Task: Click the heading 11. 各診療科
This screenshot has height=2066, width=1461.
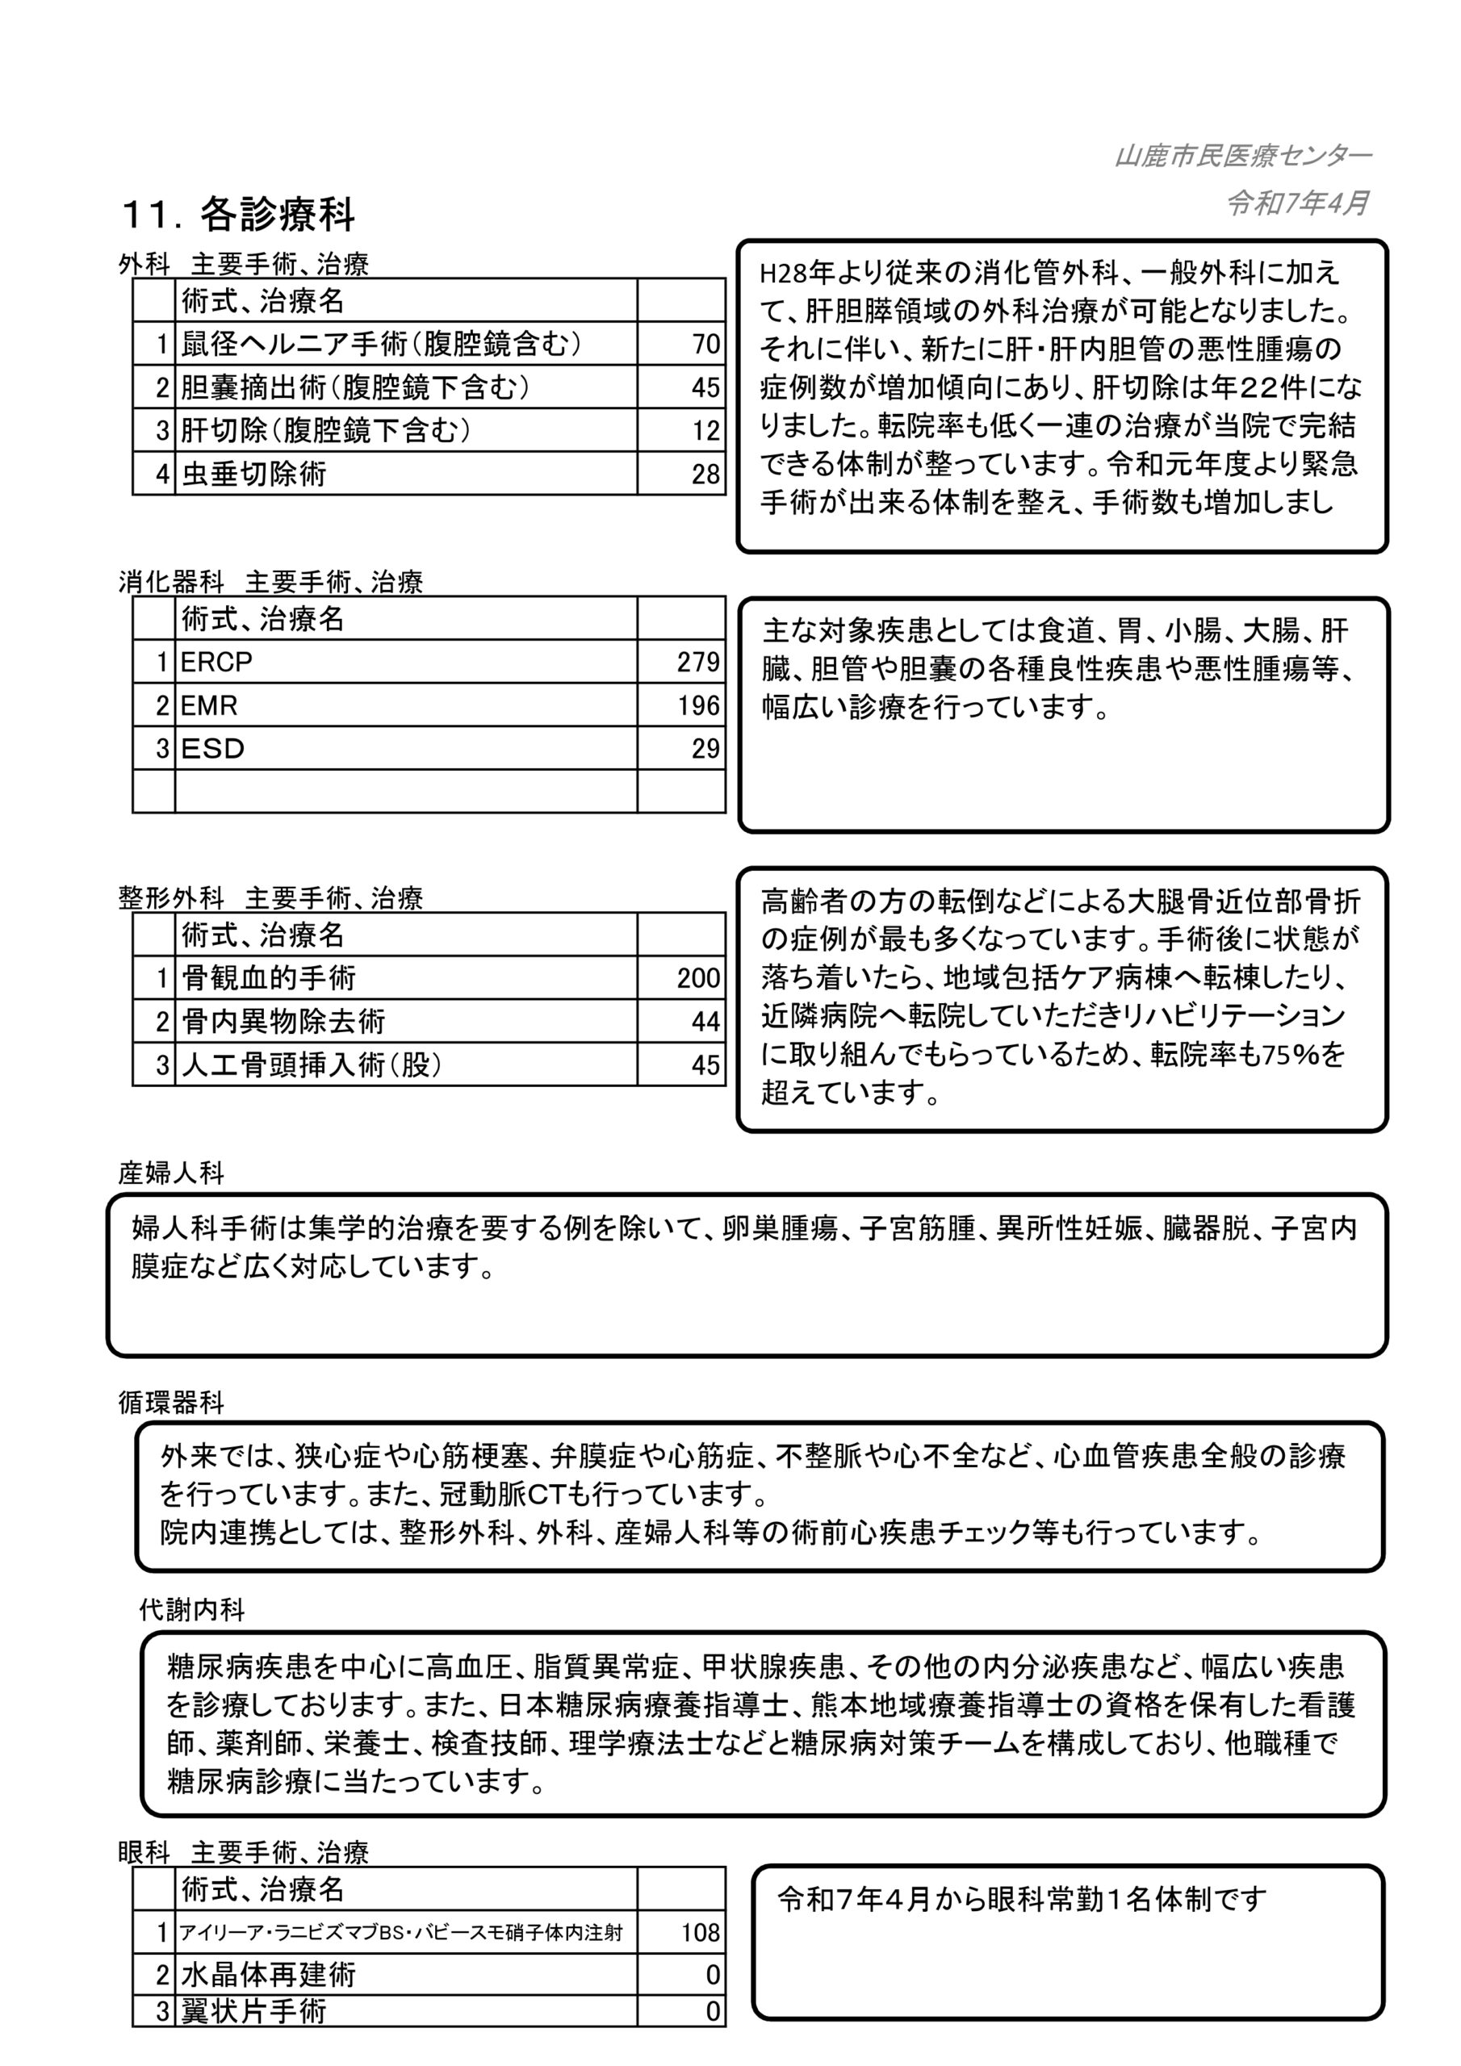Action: point(239,214)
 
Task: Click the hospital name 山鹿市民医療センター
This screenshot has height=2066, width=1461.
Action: point(1242,157)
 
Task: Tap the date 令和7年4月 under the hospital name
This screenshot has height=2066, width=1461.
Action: point(1298,203)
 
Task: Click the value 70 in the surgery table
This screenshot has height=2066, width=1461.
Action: point(705,344)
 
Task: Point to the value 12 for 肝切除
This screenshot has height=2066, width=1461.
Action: point(705,430)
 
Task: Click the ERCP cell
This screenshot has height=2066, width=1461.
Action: point(217,663)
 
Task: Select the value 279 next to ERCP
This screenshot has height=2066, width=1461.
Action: point(698,663)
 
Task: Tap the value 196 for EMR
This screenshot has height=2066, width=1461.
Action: point(698,705)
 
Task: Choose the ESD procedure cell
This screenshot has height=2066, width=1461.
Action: point(213,749)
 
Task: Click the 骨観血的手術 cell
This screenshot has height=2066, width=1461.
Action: point(268,978)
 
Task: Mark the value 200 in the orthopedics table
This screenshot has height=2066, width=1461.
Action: point(698,978)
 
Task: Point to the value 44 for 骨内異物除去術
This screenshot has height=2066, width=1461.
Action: point(705,1022)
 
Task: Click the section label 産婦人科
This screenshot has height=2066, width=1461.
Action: point(171,1173)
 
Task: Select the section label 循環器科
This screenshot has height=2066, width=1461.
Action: point(171,1403)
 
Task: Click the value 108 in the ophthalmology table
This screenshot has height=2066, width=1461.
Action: point(700,1932)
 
